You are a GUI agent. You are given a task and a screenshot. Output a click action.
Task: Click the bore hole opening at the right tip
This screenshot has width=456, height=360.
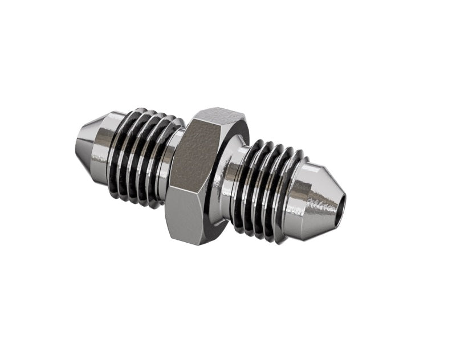(340, 204)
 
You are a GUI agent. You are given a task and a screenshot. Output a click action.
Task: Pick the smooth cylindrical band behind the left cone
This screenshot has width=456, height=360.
(108, 145)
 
